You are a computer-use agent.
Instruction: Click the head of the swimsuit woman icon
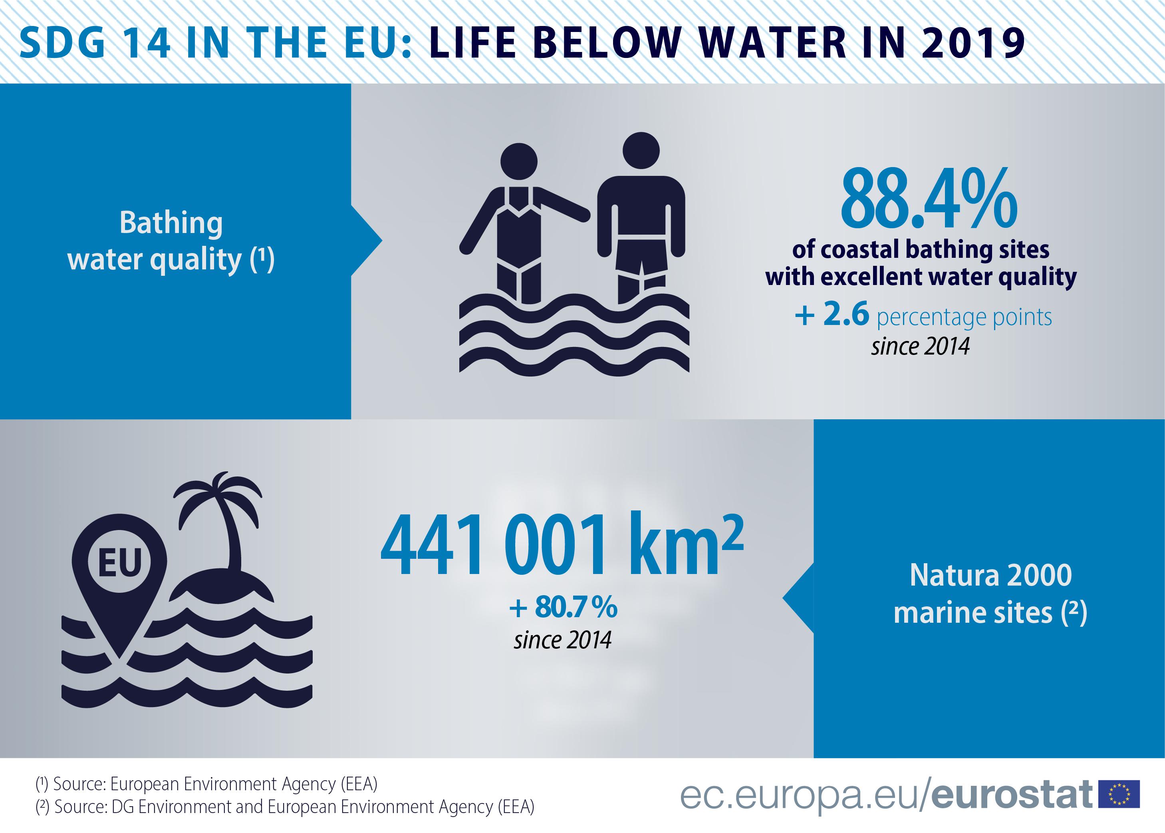pyautogui.click(x=519, y=161)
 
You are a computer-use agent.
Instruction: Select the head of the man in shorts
pyautogui.click(x=641, y=150)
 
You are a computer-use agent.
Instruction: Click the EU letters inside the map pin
pyautogui.click(x=119, y=563)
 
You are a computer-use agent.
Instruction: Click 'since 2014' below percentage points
pyautogui.click(x=921, y=346)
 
